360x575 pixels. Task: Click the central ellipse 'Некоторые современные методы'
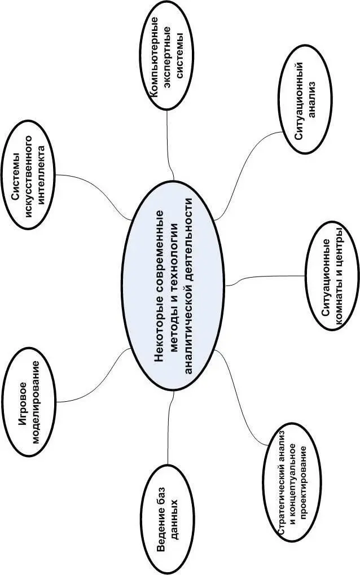(x=177, y=288)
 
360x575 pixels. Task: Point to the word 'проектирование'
(x=305, y=486)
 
